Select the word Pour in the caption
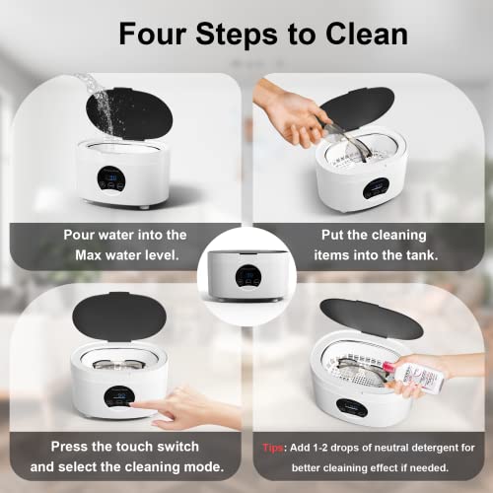[x=82, y=234]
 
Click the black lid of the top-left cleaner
[x=124, y=113]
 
